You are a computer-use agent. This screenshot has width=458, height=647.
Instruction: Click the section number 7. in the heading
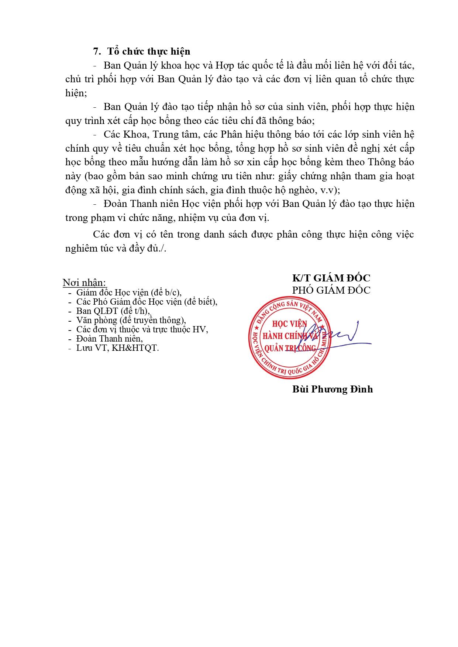point(96,51)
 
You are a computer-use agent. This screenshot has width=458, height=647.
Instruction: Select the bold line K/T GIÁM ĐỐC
point(331,278)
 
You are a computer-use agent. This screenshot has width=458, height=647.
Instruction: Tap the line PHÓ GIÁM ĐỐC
point(331,290)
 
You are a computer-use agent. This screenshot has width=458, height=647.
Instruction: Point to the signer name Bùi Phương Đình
point(332,389)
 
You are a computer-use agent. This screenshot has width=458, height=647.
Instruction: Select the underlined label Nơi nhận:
point(85,283)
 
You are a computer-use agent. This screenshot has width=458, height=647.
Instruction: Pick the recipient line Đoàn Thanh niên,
point(109,338)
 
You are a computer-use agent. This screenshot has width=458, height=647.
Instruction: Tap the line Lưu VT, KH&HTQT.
point(117,348)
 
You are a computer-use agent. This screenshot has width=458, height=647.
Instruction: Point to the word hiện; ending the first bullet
point(76,93)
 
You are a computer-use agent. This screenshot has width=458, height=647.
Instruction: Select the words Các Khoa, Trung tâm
point(151,135)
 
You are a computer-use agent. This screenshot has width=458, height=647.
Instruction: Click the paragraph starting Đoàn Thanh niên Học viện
point(240,211)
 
